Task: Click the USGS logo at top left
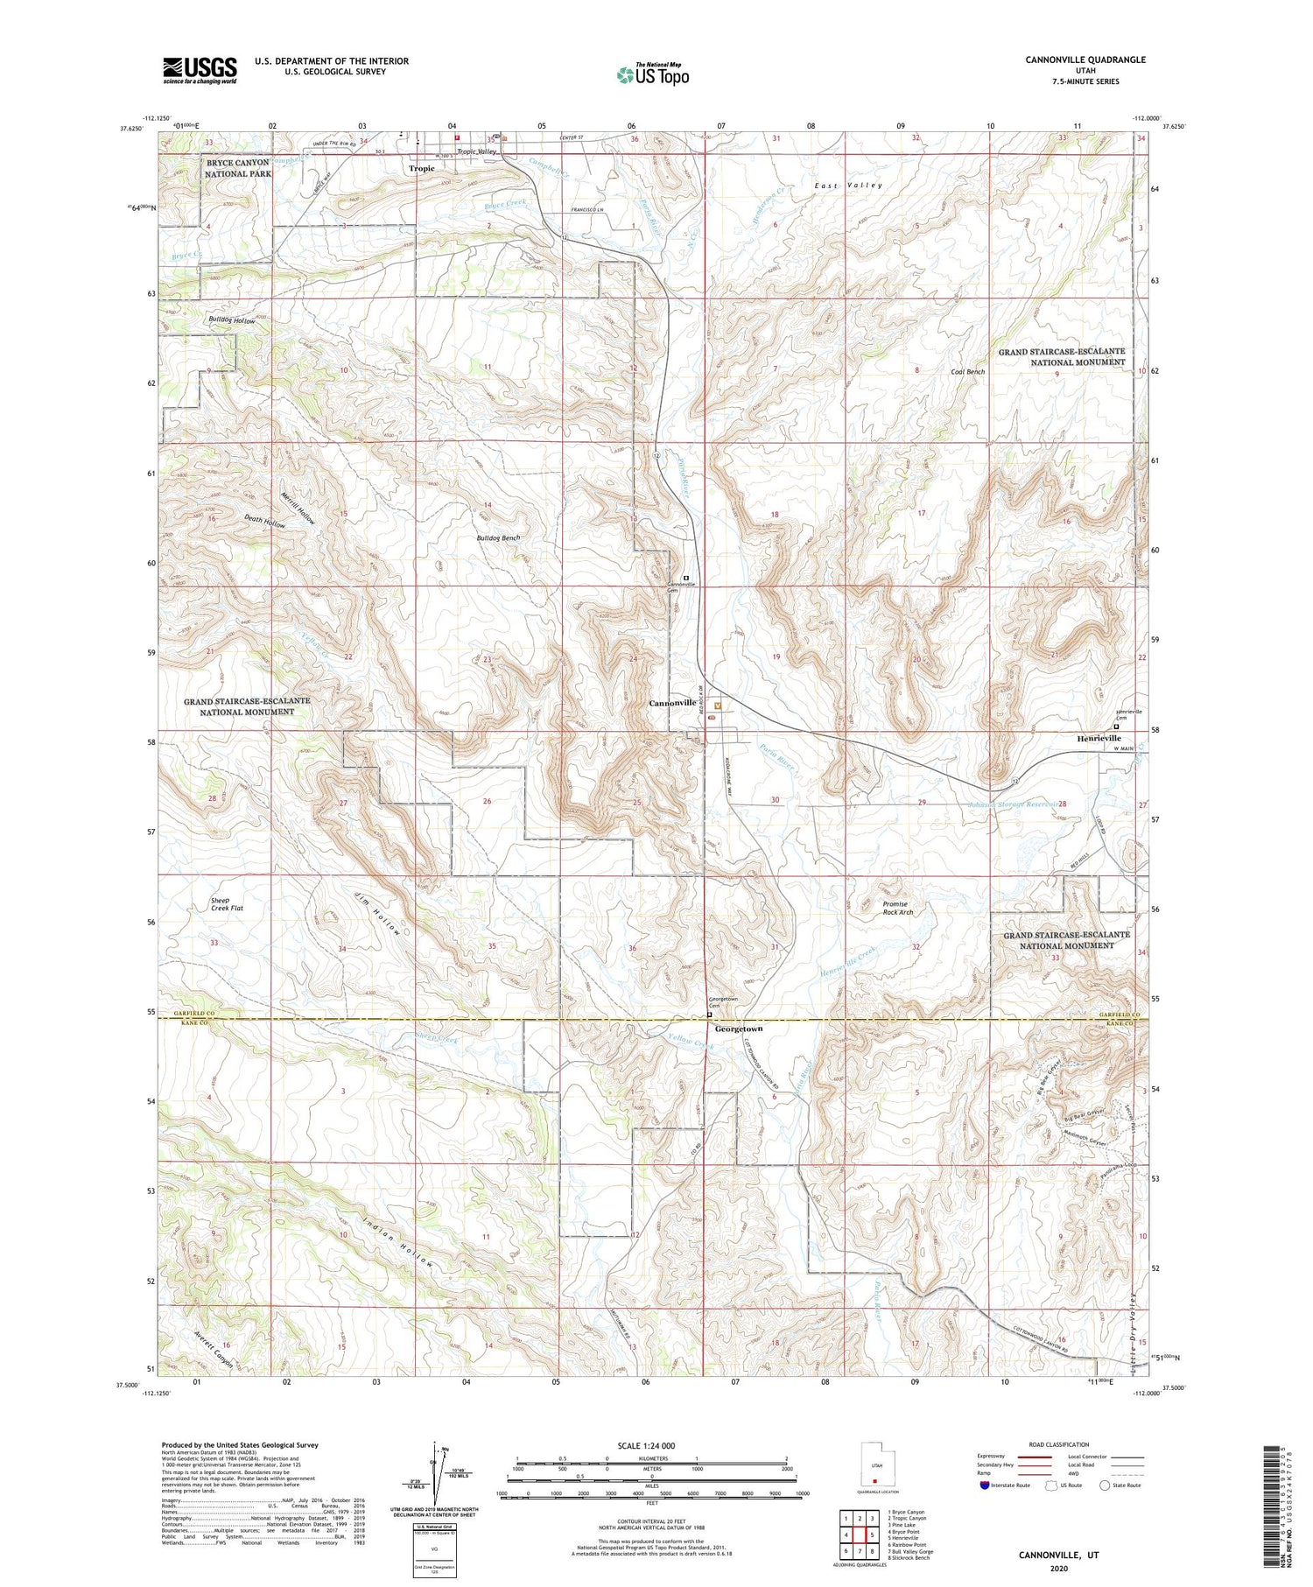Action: (200, 70)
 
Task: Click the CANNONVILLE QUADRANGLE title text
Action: (1072, 60)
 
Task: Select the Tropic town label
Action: (422, 168)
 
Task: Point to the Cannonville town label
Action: (672, 703)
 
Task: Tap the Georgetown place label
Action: (739, 1029)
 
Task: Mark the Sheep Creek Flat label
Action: (227, 904)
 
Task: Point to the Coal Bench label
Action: (968, 372)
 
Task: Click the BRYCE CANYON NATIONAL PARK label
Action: (238, 168)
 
